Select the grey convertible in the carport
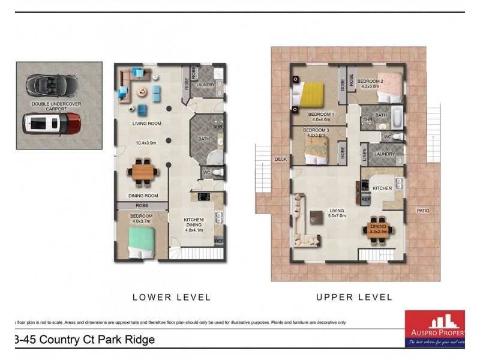tap(51, 85)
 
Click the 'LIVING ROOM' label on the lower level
tap(147, 124)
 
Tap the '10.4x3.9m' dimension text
tap(147, 143)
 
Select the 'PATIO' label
tap(424, 210)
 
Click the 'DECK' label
tap(281, 160)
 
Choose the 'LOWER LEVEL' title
tap(172, 297)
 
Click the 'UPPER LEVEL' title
tap(354, 297)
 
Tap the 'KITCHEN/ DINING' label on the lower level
tap(194, 224)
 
